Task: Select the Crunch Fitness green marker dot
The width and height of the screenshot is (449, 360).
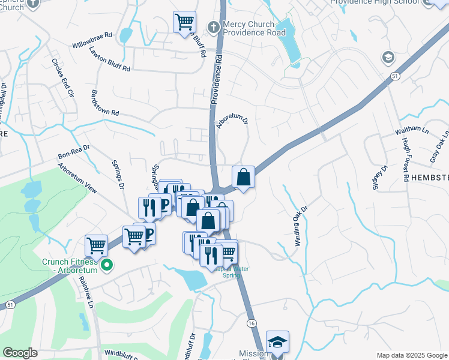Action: (107, 265)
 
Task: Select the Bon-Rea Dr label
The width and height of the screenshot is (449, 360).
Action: (73, 151)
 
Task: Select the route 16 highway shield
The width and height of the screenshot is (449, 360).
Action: (251, 323)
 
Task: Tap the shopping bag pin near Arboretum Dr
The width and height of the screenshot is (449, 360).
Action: (243, 176)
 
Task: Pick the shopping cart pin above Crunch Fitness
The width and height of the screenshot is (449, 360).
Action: (96, 245)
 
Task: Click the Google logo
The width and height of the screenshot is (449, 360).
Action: (20, 353)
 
